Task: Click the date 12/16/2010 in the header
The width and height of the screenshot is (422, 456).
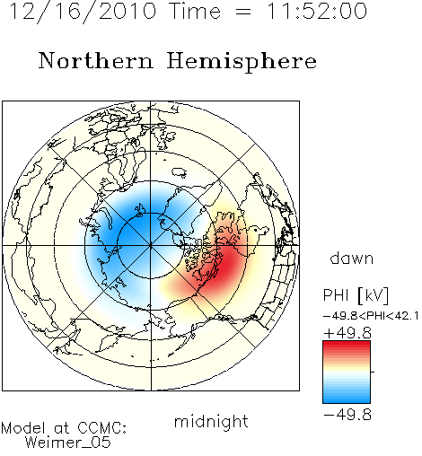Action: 83,12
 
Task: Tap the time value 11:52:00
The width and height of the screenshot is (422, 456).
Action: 316,12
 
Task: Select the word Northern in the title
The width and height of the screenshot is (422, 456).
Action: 95,61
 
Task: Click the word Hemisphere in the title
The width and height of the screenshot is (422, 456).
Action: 242,61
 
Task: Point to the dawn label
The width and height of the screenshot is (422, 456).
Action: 352,258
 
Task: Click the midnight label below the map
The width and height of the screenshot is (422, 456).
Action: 211,422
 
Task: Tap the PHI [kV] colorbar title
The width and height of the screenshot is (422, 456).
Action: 356,295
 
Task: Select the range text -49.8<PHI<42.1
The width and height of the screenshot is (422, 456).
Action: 371,316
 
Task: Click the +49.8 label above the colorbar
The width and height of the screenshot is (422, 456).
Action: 347,333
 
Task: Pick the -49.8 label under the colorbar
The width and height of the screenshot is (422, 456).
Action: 347,415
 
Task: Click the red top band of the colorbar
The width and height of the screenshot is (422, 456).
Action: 347,346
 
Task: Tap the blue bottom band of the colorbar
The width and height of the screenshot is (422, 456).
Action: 347,399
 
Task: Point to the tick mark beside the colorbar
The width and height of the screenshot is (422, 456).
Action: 373,372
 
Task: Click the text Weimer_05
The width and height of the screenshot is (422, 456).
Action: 68,443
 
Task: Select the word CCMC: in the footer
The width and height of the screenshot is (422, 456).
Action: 101,428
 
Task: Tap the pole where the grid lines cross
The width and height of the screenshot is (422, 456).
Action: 151,245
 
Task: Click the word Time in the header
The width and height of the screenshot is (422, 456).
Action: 195,12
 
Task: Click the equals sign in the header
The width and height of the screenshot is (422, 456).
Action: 242,12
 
